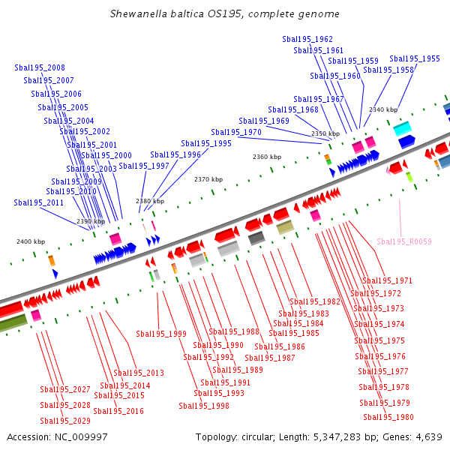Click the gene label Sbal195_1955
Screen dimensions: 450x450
415,58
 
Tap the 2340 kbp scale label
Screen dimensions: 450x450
383,109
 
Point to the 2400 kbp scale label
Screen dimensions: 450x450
31,241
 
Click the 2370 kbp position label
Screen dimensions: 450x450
208,179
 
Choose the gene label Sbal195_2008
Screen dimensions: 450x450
40,68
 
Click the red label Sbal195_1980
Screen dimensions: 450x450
388,417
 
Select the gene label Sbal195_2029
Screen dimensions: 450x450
65,421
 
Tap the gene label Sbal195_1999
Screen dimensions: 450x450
161,334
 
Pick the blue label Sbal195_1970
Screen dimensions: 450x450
236,132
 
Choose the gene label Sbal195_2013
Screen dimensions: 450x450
138,373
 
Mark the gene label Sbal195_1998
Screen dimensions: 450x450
204,406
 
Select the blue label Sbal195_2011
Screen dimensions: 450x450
39,202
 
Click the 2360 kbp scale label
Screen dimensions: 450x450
267,157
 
